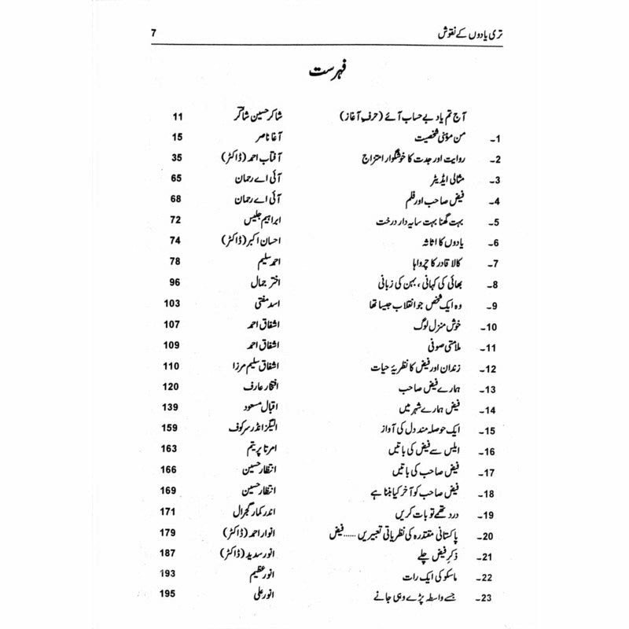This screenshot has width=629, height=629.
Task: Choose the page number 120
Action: [174, 387]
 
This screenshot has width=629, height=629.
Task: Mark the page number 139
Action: [174, 408]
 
